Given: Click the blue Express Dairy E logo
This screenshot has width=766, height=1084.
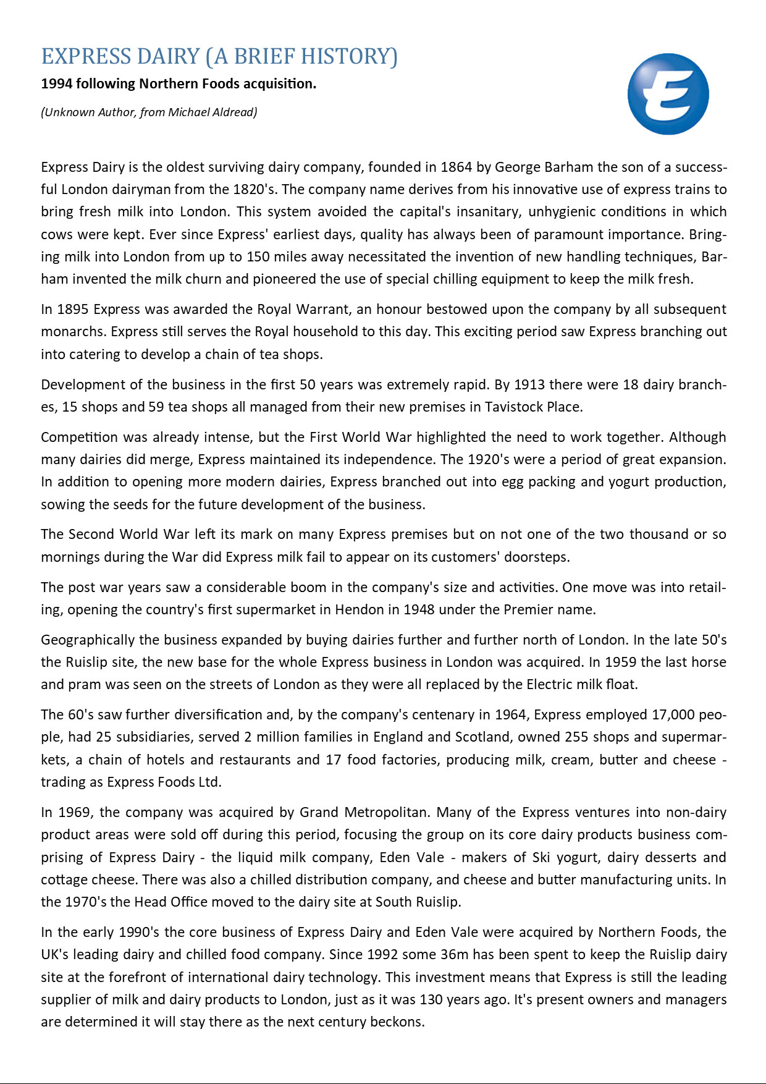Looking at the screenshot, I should pyautogui.click(x=668, y=94).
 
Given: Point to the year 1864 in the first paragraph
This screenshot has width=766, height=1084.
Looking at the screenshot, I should pyautogui.click(x=456, y=167).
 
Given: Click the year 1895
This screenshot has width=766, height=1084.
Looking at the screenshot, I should pyautogui.click(x=74, y=309).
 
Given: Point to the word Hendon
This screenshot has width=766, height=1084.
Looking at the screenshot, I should pyautogui.click(x=360, y=610).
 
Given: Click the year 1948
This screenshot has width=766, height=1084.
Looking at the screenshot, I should pyautogui.click(x=419, y=610).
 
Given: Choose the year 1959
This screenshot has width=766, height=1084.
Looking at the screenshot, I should pyautogui.click(x=621, y=663).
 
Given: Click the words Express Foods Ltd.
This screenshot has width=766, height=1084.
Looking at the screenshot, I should pyautogui.click(x=164, y=782).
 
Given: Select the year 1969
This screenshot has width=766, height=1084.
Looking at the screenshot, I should pyautogui.click(x=75, y=812).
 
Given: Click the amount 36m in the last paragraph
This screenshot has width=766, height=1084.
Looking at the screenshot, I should pyautogui.click(x=454, y=955).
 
